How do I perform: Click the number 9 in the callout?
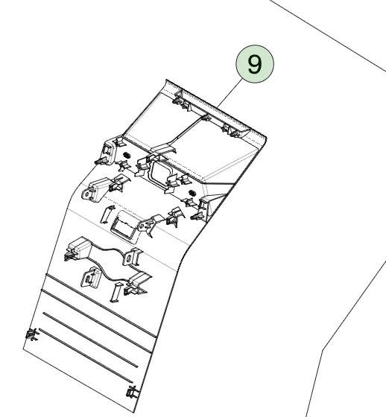coord(255,64)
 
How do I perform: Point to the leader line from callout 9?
coord(230,93)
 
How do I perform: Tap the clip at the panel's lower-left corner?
coord(32,334)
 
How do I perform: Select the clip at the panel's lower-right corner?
coord(133,392)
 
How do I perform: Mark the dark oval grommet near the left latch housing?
coord(127,155)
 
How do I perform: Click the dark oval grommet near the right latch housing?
coord(192,192)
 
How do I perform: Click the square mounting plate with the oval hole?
coord(90,277)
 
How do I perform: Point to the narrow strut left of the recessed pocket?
coord(107,214)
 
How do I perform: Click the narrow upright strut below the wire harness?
coord(116,292)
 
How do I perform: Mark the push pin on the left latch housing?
coord(101,161)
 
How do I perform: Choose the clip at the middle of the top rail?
coord(205,118)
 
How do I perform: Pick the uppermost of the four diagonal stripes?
coord(101,305)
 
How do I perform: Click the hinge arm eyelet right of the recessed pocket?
coord(142,226)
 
